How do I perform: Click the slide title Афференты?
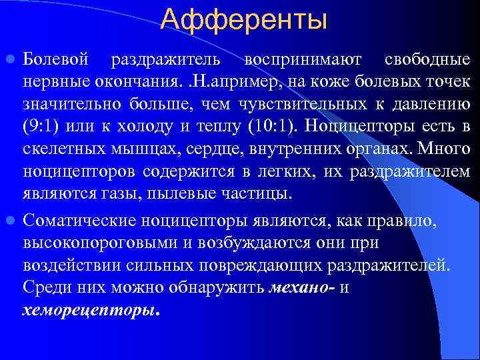244,19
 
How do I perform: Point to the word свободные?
427,60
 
